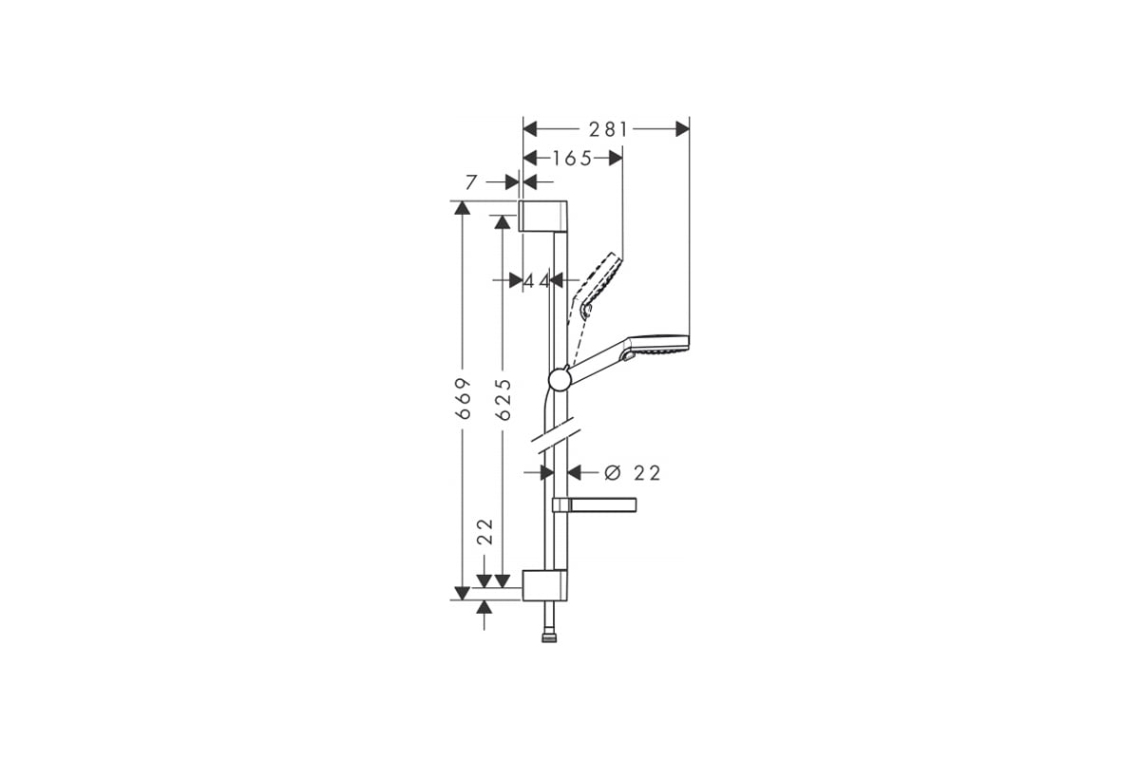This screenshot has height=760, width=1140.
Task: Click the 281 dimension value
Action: (x=608, y=130)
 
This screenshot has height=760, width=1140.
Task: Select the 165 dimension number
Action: (x=572, y=159)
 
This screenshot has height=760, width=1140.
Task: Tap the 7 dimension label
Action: (x=472, y=182)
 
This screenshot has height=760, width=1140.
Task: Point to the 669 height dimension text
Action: (x=464, y=399)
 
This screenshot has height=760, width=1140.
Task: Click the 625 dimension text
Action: (x=503, y=399)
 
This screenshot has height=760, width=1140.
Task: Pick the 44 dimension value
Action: (x=537, y=280)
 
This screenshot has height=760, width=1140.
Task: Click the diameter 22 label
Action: (x=632, y=473)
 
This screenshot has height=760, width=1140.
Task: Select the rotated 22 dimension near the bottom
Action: (x=486, y=531)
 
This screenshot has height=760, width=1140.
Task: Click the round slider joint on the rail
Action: (x=560, y=379)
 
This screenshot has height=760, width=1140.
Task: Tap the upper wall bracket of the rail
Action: (x=543, y=217)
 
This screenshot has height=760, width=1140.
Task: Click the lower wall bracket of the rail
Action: (x=544, y=585)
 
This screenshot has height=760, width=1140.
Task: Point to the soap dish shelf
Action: (x=594, y=503)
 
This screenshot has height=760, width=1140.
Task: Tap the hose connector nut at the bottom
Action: (x=549, y=637)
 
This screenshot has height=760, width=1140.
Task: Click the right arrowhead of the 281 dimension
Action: (x=683, y=129)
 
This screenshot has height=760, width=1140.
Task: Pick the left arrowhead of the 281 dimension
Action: (x=530, y=129)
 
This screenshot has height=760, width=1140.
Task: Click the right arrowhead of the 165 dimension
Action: (x=616, y=159)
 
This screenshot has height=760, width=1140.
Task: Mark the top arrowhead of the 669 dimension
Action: (x=462, y=208)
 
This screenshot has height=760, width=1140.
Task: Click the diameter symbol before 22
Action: (x=613, y=473)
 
